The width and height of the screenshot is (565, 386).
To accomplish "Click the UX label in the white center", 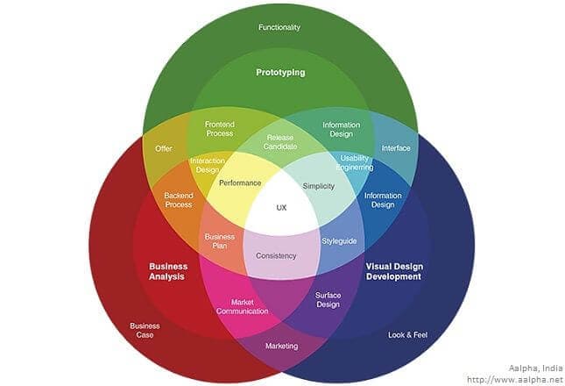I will pos(281,208).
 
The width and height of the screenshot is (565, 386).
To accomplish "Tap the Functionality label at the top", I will pos(279,27).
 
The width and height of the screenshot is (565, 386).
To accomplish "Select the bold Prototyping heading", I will pos(280,73).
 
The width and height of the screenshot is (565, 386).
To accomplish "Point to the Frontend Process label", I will pos(219,129).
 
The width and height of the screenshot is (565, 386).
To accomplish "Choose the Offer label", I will pos(164,148).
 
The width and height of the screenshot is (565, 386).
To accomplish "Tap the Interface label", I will pos(396,148).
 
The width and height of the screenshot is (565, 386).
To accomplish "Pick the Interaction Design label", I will pos(207,165).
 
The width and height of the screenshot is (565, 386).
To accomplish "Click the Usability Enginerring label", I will pos(354,163).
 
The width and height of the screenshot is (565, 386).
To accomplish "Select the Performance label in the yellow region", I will pos(240,183).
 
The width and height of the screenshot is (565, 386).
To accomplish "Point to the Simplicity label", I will pos(319,187).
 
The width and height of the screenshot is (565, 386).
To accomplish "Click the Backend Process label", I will pos(178,200).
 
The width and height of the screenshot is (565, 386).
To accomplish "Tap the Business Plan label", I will pos(219,241).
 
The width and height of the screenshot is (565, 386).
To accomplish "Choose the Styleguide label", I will pos(338,239).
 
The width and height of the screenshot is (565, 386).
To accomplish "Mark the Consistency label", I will pos(276,255).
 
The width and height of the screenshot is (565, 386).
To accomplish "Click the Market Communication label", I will pos(236,305).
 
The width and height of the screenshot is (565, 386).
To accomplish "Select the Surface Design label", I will pos(328,300).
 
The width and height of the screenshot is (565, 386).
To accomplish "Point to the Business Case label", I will pos(145,330).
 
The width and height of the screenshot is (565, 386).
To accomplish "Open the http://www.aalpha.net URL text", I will pos(514,380).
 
